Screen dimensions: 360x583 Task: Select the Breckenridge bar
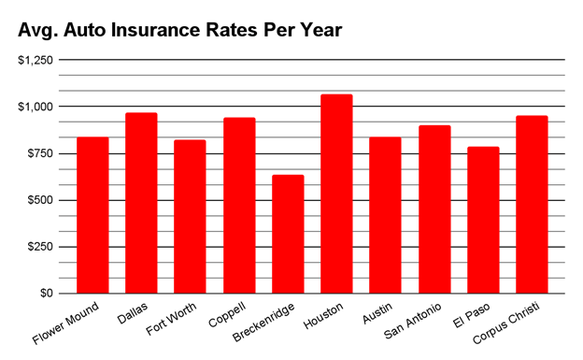tap(288, 235)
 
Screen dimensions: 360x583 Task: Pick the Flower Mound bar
tap(92, 216)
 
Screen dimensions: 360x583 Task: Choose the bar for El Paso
tap(483, 221)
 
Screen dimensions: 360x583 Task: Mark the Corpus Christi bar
tap(532, 205)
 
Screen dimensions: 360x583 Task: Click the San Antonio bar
tap(434, 209)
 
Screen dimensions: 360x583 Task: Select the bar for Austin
tap(385, 216)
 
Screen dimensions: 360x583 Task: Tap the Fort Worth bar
tap(190, 217)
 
